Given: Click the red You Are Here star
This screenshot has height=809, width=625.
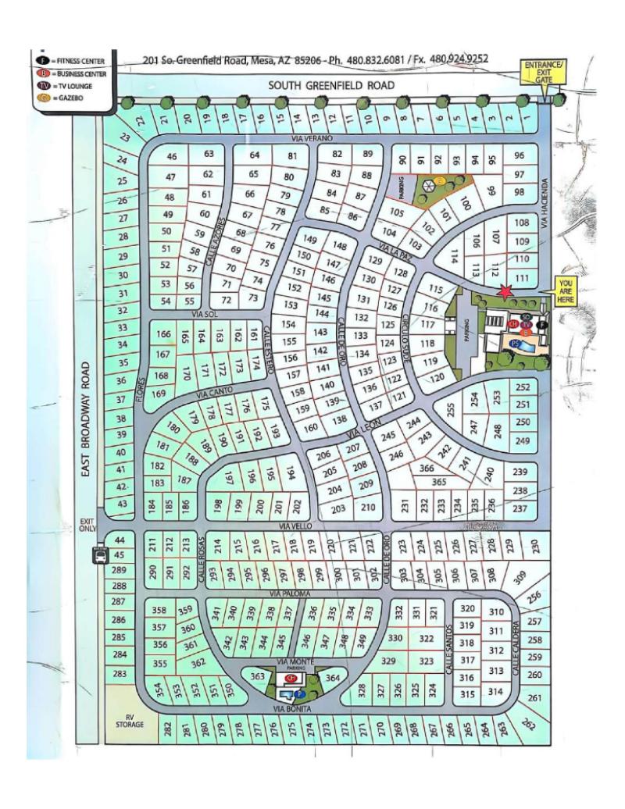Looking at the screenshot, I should click(x=506, y=292).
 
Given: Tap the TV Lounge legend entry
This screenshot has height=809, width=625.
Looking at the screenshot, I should click(x=71, y=87).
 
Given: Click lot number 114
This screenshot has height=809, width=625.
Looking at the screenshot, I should click(x=453, y=256).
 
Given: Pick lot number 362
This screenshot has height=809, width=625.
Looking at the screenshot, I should click(x=198, y=662).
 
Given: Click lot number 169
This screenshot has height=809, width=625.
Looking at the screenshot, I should click(x=159, y=393).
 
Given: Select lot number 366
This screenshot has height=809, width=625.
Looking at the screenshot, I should click(x=427, y=468).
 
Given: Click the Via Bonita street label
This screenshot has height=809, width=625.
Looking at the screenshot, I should click(x=293, y=708).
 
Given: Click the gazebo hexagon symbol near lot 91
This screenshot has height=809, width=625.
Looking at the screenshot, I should click(x=428, y=185).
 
